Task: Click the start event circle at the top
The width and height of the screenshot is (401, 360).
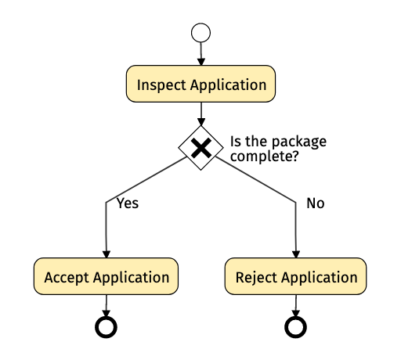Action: [x=200, y=33]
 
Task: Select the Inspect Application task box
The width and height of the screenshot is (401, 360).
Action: [x=200, y=84]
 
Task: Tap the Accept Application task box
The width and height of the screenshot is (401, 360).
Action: [x=106, y=276]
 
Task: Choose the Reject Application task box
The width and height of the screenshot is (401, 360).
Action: [x=295, y=276]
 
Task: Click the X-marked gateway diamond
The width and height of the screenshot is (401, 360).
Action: [x=200, y=148]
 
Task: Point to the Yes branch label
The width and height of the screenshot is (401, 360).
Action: [x=128, y=203]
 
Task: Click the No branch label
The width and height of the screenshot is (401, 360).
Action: [x=316, y=203]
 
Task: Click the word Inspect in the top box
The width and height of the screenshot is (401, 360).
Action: [x=161, y=85]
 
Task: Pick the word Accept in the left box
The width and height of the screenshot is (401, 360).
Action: [x=67, y=278]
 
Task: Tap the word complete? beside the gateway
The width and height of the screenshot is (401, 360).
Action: [x=264, y=157]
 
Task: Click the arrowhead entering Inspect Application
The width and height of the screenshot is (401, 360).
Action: [x=200, y=62]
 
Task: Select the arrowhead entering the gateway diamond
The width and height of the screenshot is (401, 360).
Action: [x=200, y=122]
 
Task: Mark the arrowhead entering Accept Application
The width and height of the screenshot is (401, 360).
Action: [x=107, y=254]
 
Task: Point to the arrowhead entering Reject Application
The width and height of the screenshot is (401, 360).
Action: [x=296, y=254]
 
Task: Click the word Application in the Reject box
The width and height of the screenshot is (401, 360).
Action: [x=319, y=278]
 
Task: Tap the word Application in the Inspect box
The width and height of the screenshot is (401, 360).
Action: [x=228, y=85]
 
